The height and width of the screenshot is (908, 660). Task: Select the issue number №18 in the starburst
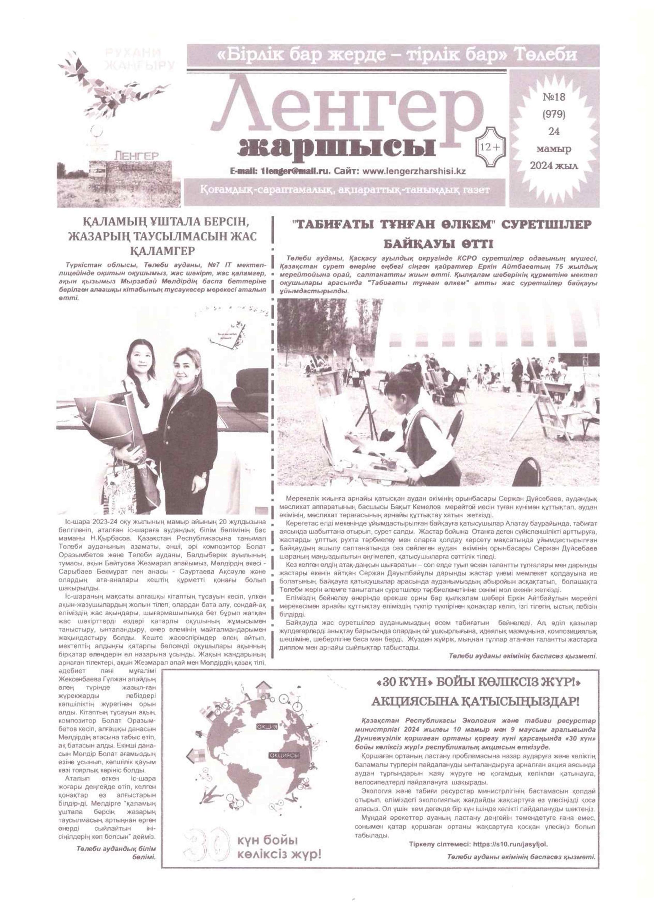pos(554,98)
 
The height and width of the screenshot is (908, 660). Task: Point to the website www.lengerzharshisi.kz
pos(414,171)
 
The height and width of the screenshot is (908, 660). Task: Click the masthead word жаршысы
pos(336,148)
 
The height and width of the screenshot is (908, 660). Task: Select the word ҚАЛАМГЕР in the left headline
pos(162,251)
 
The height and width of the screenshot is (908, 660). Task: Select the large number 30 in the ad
pos(206,846)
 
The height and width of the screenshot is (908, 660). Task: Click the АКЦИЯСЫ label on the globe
pos(284,755)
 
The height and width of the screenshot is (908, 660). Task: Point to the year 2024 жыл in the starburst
pos(554,166)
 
